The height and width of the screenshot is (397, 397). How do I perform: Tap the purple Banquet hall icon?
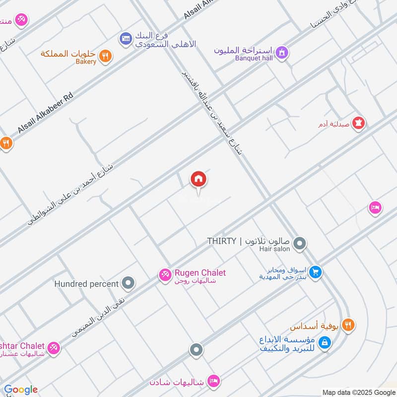(282, 52)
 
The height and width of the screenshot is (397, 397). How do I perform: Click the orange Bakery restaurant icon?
(104, 56)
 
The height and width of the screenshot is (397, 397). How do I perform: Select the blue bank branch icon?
(126, 38)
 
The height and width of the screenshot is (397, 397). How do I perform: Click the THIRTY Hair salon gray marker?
(299, 244)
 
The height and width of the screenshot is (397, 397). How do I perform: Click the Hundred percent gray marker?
(129, 284)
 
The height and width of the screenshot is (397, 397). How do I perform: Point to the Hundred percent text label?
(86, 284)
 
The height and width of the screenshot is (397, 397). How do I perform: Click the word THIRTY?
(222, 242)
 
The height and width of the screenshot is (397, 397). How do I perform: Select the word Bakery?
(86, 62)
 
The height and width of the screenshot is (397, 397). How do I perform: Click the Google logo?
(21, 390)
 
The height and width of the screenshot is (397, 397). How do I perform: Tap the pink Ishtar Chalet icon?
(54, 348)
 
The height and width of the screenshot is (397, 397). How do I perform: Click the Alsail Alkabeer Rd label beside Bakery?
(45, 112)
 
